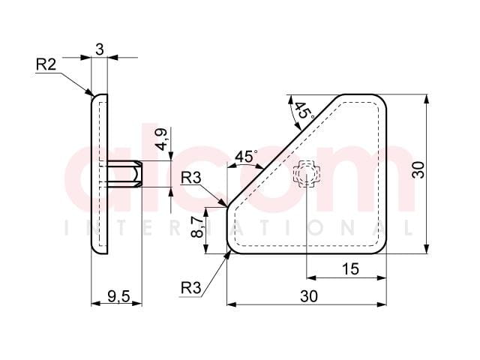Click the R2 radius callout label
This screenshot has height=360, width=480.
coord(46,64)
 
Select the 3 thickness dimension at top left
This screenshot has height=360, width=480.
coord(100,49)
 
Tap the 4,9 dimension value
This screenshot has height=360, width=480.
coord(161,139)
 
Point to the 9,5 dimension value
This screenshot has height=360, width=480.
coord(118,296)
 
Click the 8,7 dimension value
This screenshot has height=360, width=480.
coord(197,226)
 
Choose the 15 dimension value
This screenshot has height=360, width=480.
coord(350,269)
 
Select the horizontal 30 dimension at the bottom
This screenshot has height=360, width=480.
coord(309,296)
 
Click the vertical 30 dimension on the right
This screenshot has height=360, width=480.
coord(418,170)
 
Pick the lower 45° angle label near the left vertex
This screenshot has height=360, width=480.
coord(246,157)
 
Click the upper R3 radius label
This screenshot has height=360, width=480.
coord(191,178)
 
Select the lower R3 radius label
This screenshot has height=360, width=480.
coord(191,288)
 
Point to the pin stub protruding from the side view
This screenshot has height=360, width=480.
coord(124,174)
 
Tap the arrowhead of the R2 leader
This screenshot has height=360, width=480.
coord(89,92)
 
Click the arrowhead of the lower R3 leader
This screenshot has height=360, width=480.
coord(228,254)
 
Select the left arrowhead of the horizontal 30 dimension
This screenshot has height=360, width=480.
coord(232,304)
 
